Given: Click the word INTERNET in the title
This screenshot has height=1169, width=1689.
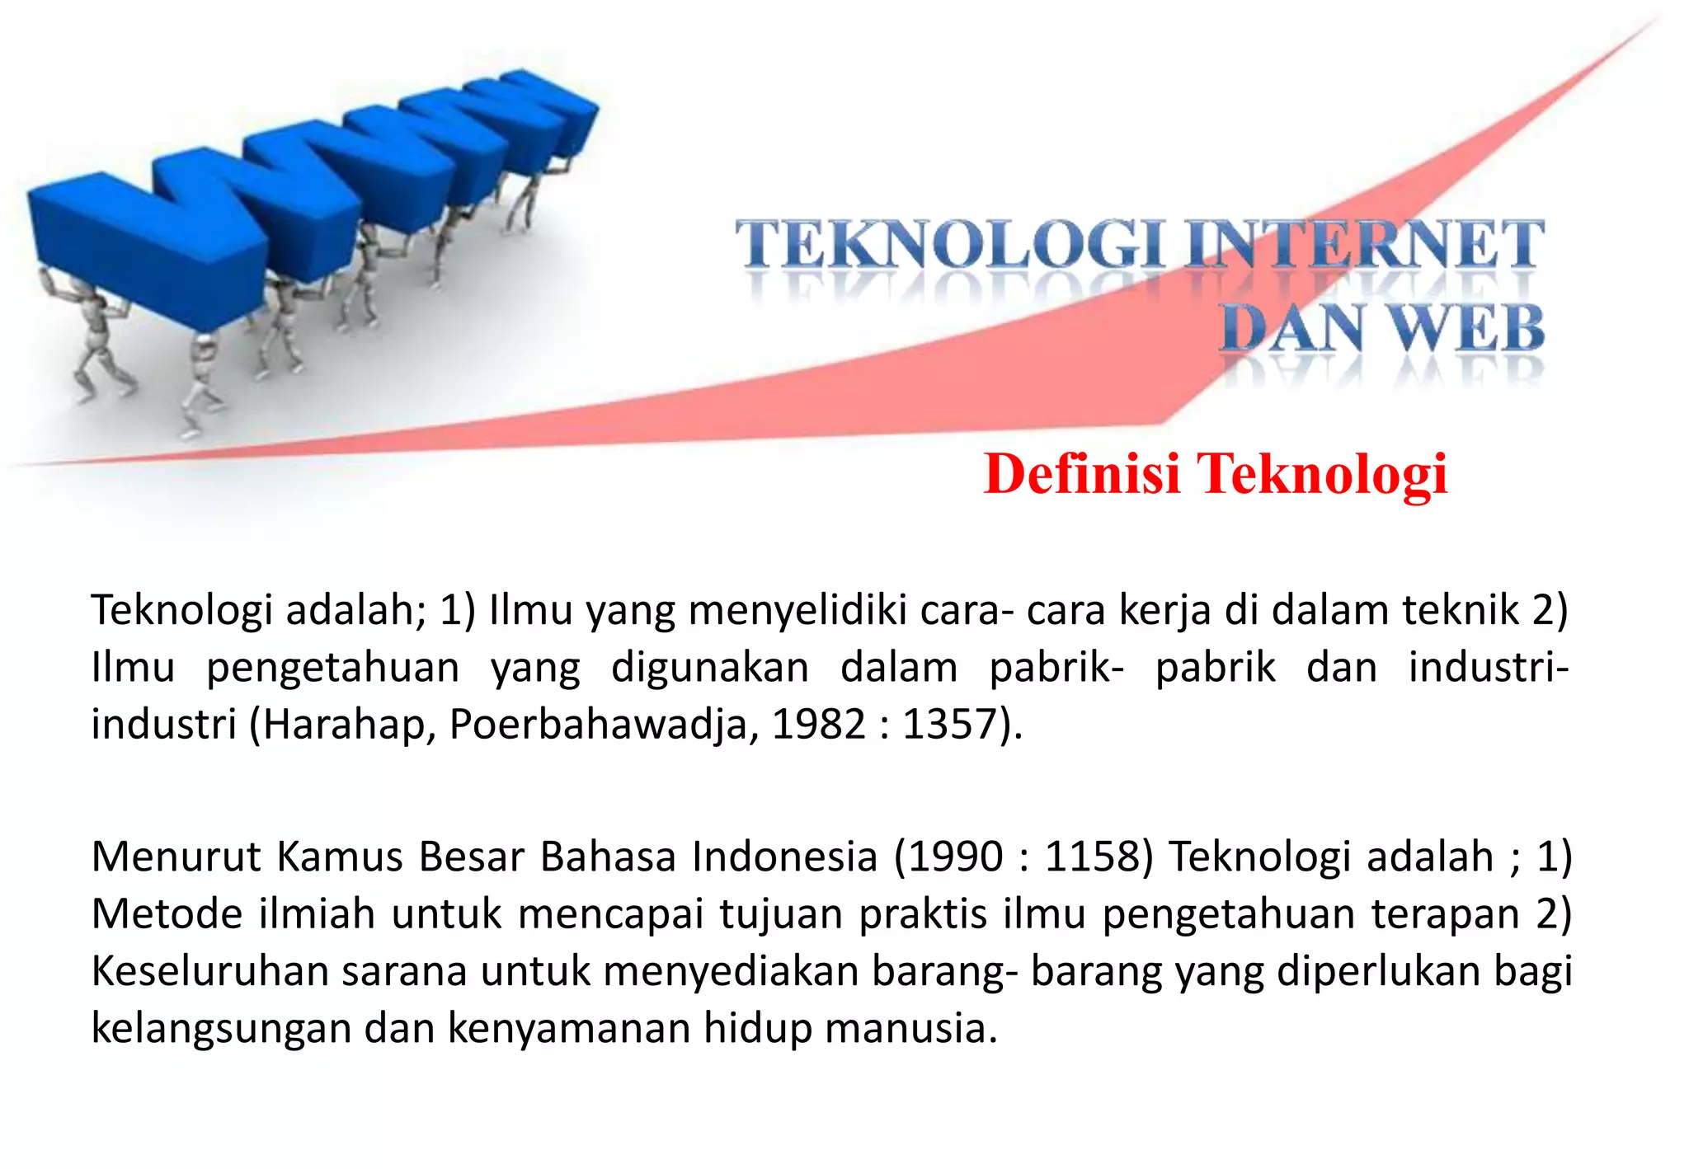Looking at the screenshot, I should pos(1363,244).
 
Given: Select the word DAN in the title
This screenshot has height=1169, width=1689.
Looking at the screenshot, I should pos(1292,328).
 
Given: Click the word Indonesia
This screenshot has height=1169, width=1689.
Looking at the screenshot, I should pos(784,857).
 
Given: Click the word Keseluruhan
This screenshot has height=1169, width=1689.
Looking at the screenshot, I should pos(209,971).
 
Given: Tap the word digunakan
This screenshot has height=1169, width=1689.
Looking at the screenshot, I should pos(710,668).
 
